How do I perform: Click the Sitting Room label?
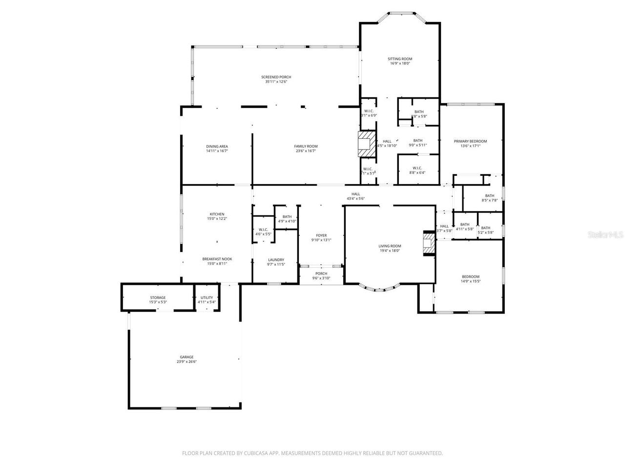[x=400, y=59]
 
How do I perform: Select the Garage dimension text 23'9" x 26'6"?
[x=187, y=362]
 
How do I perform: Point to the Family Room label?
[x=306, y=146]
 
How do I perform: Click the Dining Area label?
[x=217, y=146]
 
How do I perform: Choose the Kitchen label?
[x=217, y=214]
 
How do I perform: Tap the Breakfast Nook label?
[x=217, y=259]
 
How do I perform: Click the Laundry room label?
[x=276, y=260]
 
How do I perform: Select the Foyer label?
[x=321, y=235]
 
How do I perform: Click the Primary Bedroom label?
[x=470, y=141]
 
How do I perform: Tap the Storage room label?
[x=158, y=298]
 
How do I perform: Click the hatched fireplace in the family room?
[x=367, y=144]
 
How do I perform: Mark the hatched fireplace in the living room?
[x=429, y=243]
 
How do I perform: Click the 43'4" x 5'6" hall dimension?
[x=355, y=199]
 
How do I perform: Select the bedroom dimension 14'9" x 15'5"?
[x=471, y=281]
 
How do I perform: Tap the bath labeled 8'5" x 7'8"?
[x=489, y=200]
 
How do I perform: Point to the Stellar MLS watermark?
[x=605, y=235]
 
